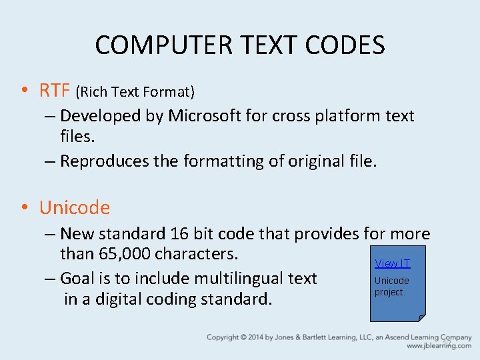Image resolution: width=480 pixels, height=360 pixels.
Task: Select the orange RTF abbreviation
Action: click(55, 89)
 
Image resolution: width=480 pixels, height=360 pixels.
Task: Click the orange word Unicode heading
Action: click(75, 207)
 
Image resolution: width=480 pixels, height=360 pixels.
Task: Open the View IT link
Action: click(392, 263)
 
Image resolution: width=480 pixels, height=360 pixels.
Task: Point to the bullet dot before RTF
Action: click(24, 90)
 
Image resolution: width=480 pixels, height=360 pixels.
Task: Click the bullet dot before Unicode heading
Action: click(24, 208)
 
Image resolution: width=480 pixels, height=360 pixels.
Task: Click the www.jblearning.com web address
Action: click(439, 346)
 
